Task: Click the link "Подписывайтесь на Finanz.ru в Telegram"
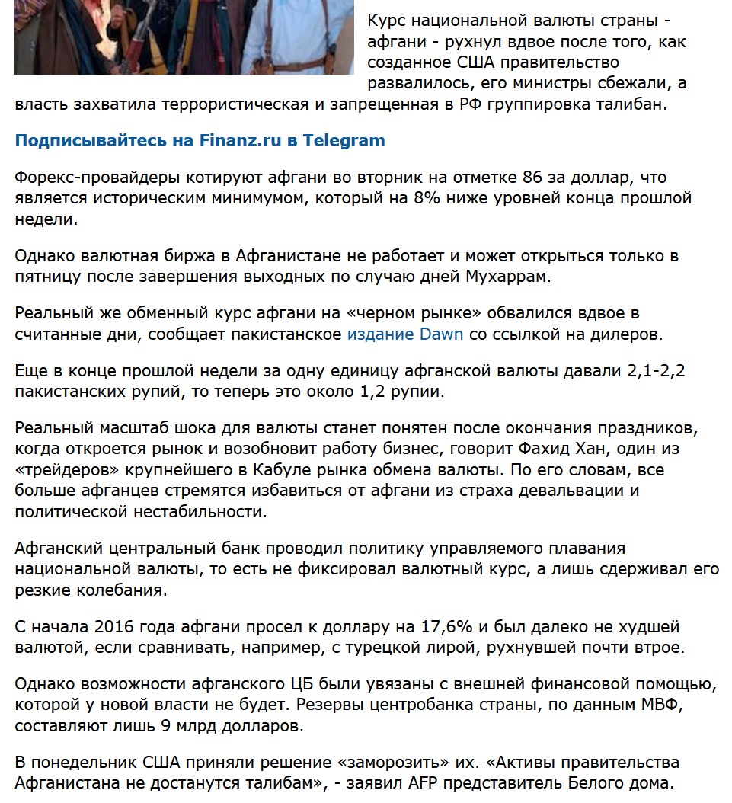click(x=200, y=141)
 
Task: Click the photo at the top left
click(x=184, y=37)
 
